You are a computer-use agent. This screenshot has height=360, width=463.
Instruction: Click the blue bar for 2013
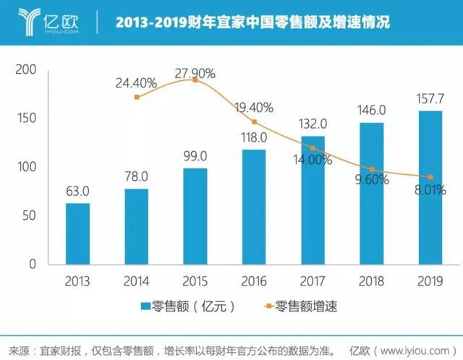pyautogui.click(x=77, y=233)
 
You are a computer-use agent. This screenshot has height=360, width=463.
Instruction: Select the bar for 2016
pyautogui.click(x=254, y=207)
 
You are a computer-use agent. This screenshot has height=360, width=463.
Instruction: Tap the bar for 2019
pyautogui.click(x=430, y=188)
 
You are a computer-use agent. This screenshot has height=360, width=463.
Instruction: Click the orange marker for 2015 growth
pyautogui.click(x=195, y=80)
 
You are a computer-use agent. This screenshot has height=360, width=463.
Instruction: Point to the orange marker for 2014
pyautogui.click(x=137, y=97)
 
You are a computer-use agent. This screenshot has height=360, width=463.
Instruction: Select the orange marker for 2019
pyautogui.click(x=431, y=177)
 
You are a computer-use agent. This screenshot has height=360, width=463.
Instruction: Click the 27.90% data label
pyautogui.click(x=195, y=74)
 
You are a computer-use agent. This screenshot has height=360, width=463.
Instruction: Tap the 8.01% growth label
pyautogui.click(x=430, y=190)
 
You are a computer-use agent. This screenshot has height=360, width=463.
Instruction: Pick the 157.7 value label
pyautogui.click(x=430, y=99)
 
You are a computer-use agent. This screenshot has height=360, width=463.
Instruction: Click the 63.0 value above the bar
pyautogui.click(x=77, y=192)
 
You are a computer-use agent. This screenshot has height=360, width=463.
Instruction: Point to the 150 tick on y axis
pyautogui.click(x=27, y=118)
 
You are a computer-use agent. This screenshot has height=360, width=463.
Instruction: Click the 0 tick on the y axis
pyautogui.click(x=33, y=264)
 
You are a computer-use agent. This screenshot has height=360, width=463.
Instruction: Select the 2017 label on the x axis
pyautogui.click(x=313, y=281)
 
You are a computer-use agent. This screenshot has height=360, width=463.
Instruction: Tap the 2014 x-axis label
pyautogui.click(x=136, y=281)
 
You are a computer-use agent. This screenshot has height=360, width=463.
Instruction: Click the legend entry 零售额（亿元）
pyautogui.click(x=188, y=307)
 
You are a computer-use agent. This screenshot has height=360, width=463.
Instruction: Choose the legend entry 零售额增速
pyautogui.click(x=301, y=306)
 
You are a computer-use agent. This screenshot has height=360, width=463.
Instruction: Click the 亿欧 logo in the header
pyautogui.click(x=48, y=22)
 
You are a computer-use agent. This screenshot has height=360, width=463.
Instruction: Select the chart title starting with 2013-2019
pyautogui.click(x=252, y=22)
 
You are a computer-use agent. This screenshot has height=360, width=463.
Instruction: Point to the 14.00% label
pyautogui.click(x=313, y=160)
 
